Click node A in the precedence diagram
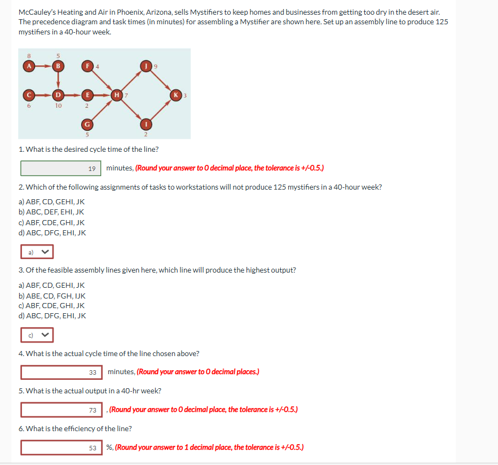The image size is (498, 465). pyautogui.click(x=27, y=65)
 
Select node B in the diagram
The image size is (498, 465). pyautogui.click(x=57, y=65)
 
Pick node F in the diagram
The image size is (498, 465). pyautogui.click(x=87, y=65)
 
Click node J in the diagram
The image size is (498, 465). pyautogui.click(x=147, y=65)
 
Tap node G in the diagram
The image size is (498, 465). pyautogui.click(x=87, y=123)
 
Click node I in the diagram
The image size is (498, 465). pyautogui.click(x=147, y=123)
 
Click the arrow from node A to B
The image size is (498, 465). pyautogui.click(x=42, y=65)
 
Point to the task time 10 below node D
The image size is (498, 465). pyautogui.click(x=57, y=105)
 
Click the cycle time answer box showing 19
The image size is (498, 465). pyautogui.click(x=61, y=168)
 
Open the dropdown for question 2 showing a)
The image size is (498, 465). pyautogui.click(x=37, y=252)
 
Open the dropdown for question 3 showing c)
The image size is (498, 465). pyautogui.click(x=37, y=335)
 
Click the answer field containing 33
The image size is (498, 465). pyautogui.click(x=61, y=372)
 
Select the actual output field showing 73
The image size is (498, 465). pyautogui.click(x=61, y=409)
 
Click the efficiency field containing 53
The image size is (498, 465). pyautogui.click(x=61, y=448)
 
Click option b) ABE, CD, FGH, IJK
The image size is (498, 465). pyautogui.click(x=52, y=296)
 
